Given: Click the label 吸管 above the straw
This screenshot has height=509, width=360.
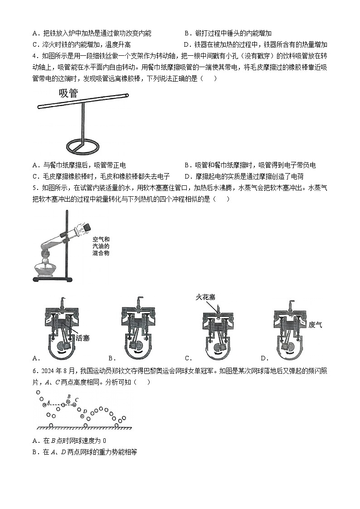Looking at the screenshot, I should coord(68,94).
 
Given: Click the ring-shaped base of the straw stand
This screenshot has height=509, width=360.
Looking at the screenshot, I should coord(83,146).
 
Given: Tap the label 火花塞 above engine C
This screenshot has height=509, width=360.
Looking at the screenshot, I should coord(205,297).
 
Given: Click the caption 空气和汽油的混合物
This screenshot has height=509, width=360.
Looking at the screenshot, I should coord(101,246).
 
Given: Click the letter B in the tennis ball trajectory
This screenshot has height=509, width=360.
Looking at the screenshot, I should coord(68,397).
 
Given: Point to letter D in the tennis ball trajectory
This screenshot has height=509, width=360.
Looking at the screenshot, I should coord(85,411).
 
